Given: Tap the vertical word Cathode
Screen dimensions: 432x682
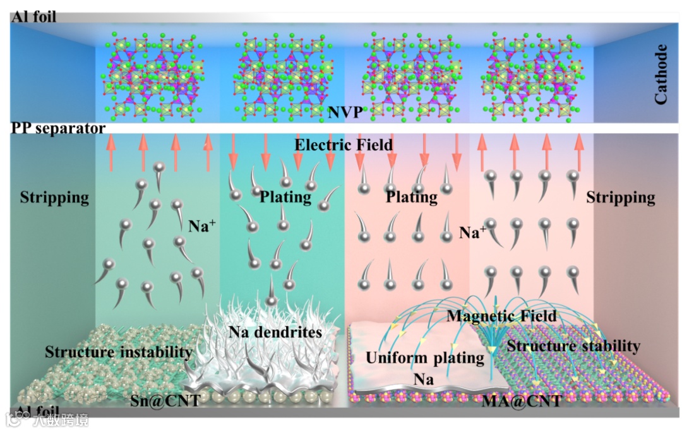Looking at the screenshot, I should [x=661, y=74].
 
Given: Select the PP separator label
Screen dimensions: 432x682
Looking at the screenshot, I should [x=58, y=128].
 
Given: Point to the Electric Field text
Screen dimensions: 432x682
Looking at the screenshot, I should [x=344, y=145].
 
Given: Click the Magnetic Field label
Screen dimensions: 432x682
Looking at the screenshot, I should [x=502, y=316].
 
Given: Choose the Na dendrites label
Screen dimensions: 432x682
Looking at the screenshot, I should [x=275, y=332].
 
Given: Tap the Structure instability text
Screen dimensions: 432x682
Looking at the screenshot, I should [x=118, y=352].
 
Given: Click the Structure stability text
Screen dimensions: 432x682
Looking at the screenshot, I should [x=573, y=345].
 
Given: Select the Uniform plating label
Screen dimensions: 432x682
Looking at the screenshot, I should [x=424, y=358].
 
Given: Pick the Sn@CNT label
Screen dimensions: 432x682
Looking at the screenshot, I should [x=165, y=400].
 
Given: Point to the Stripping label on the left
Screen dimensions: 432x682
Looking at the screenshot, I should [x=54, y=198].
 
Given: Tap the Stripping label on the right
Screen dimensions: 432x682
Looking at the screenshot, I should [x=620, y=198].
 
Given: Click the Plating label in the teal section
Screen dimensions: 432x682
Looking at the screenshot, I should [x=285, y=197].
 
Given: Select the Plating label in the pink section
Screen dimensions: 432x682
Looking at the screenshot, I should [x=412, y=197].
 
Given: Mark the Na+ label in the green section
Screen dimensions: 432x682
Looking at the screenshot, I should [x=202, y=225].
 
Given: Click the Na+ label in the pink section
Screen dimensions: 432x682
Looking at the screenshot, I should [x=472, y=232].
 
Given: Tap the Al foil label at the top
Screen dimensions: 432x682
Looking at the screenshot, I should [x=34, y=17].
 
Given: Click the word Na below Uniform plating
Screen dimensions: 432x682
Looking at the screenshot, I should [x=424, y=379].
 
